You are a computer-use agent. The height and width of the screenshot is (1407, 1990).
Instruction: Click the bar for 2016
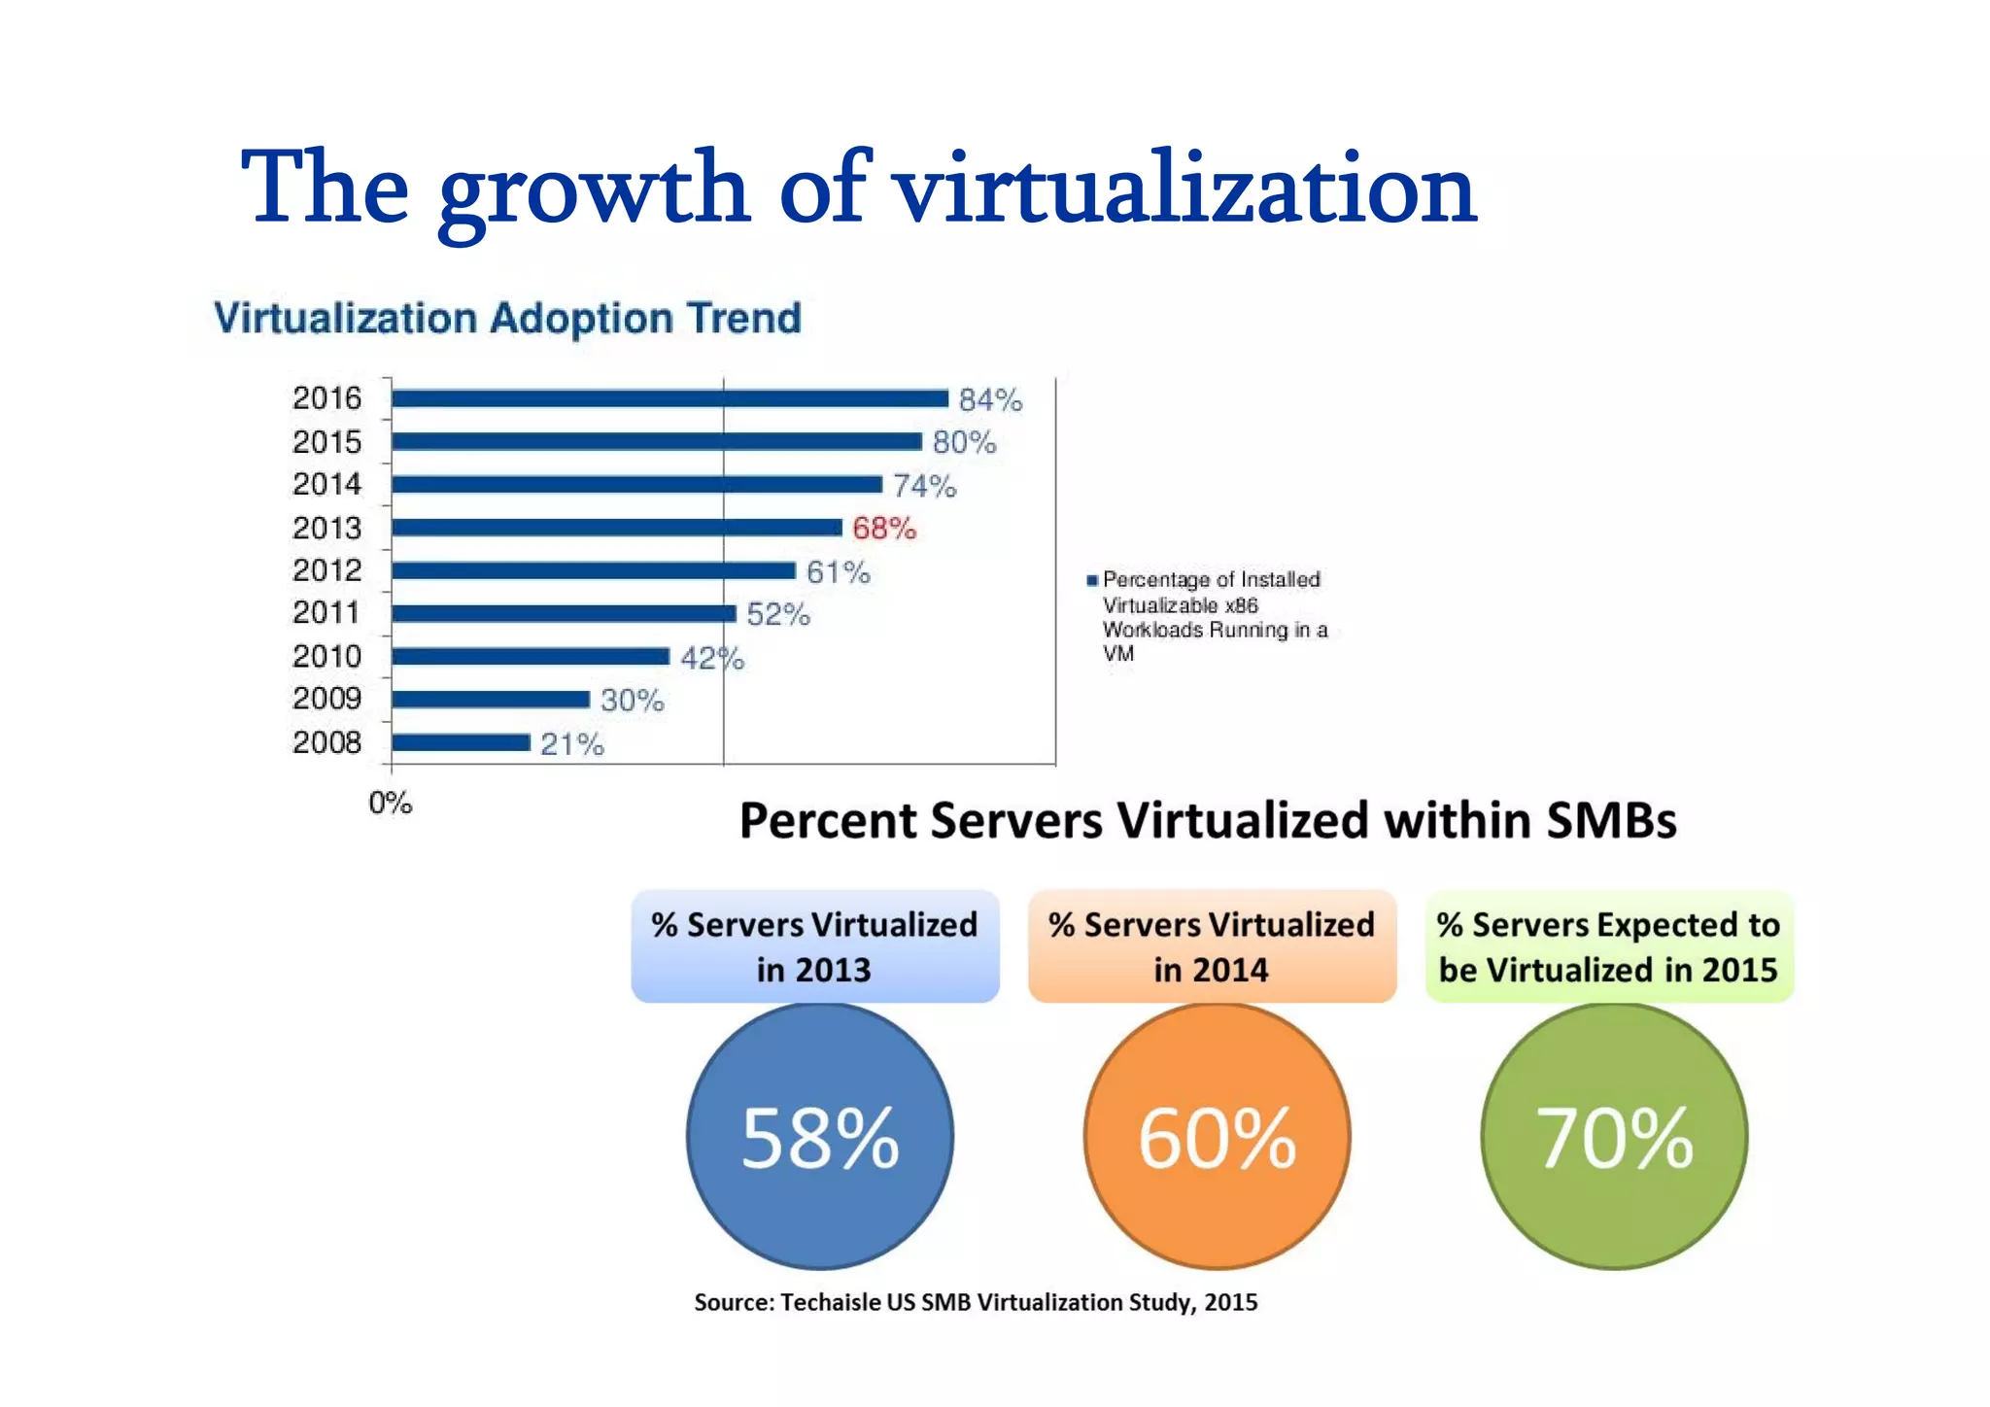pos(670,398)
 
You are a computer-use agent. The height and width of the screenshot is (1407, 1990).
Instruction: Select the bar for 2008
pos(461,743)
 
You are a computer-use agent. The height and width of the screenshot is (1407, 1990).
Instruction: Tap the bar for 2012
pos(593,570)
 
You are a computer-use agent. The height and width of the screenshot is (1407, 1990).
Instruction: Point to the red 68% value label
pos(883,529)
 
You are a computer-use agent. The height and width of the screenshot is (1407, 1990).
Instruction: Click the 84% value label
pos(990,400)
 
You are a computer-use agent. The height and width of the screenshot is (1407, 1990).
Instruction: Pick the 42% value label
pos(711,659)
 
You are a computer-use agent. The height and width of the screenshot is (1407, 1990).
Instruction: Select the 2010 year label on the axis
pos(326,657)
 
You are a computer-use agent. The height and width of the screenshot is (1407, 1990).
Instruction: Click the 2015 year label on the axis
pos(326,442)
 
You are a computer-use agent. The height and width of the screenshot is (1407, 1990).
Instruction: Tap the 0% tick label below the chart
pos(391,804)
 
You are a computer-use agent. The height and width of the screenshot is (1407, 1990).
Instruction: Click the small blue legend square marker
pos(1092,580)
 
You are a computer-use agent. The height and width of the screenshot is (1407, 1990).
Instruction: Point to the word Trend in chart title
pos(743,319)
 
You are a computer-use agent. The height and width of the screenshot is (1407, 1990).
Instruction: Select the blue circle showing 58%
pos(820,1137)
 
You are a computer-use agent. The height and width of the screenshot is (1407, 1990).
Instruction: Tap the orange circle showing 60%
pos(1217,1137)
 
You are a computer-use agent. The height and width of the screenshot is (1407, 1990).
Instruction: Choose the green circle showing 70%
pos(1614,1137)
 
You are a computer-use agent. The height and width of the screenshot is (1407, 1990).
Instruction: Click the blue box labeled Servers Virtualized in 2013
pos(815,946)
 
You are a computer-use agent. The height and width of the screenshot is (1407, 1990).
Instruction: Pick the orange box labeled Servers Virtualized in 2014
pos(1212,946)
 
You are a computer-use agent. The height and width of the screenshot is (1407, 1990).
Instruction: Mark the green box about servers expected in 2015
pos(1608,946)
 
